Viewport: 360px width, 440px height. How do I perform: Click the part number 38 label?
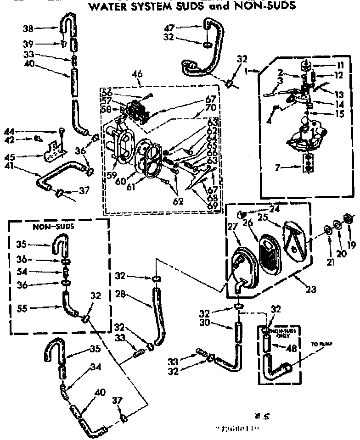point(28,28)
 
